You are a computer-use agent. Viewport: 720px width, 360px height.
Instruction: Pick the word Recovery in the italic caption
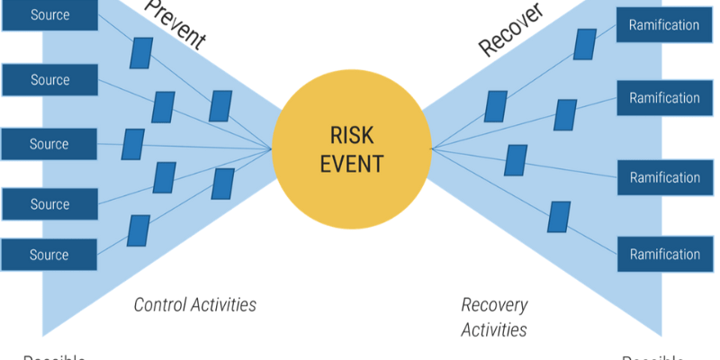point(494,305)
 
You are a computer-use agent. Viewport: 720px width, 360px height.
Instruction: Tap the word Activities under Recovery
point(494,329)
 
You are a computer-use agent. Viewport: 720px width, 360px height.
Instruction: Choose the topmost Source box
point(49,15)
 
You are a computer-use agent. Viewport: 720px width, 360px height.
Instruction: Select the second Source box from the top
point(49,80)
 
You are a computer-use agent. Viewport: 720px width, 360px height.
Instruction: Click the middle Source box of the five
point(49,144)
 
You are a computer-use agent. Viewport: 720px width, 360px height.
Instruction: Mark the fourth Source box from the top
point(49,204)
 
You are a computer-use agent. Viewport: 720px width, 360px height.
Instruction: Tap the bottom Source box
point(49,255)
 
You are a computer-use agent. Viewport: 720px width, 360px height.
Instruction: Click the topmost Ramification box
point(664,25)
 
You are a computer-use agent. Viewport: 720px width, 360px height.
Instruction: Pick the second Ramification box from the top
point(664,98)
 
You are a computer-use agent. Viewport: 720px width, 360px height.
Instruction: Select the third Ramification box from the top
point(664,177)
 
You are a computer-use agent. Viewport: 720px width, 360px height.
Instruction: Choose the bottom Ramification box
point(664,255)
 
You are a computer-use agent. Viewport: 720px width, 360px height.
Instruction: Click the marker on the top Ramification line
point(585,44)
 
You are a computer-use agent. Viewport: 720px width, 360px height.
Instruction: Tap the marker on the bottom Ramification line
point(559,217)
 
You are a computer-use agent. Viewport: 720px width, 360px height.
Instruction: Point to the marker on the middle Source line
point(133,144)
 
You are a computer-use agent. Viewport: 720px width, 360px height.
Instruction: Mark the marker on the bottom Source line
point(139,230)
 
